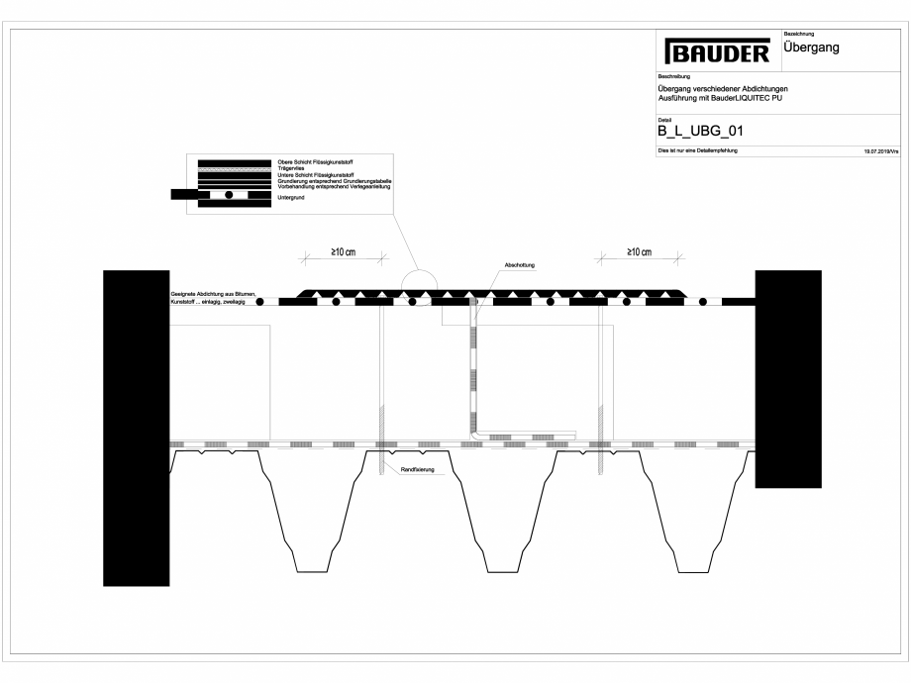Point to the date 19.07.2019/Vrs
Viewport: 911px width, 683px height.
(x=879, y=151)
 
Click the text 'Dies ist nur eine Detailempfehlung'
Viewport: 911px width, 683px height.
(x=698, y=150)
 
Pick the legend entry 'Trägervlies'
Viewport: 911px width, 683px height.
(x=291, y=169)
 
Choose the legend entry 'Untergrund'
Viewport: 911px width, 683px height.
(x=291, y=198)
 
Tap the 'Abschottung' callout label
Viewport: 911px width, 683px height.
(x=520, y=265)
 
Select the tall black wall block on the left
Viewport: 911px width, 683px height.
(x=137, y=428)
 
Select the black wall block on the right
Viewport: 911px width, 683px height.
(x=788, y=378)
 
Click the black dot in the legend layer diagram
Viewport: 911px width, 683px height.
(x=230, y=195)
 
